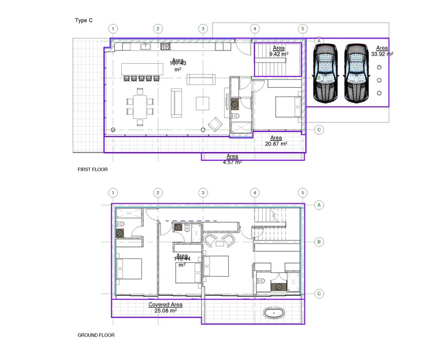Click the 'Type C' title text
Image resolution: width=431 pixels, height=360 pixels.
[83, 21]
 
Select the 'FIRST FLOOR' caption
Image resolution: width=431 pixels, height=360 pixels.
[93, 170]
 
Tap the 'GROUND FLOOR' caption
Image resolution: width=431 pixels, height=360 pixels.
[96, 335]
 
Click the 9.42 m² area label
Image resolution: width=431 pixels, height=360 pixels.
[278, 51]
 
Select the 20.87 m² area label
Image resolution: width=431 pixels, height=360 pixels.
[276, 141]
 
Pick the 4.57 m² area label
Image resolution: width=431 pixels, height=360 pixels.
[232, 159]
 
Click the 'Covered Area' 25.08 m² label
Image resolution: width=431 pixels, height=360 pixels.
[166, 307]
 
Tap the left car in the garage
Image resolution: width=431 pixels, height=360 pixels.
[326, 73]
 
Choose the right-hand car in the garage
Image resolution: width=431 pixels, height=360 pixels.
[356, 73]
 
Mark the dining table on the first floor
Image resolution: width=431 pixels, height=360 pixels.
[141, 105]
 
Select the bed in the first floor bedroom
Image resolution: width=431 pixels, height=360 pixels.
[286, 106]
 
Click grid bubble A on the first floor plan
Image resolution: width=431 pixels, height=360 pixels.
[318, 41]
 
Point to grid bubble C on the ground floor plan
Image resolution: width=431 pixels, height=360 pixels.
[318, 293]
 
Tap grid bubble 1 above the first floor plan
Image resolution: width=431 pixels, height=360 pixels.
[114, 28]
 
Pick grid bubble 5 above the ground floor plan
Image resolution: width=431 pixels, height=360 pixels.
[302, 192]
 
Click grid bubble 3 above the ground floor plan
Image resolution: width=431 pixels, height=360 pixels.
[202, 192]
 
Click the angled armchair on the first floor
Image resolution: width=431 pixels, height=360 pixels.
[215, 124]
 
